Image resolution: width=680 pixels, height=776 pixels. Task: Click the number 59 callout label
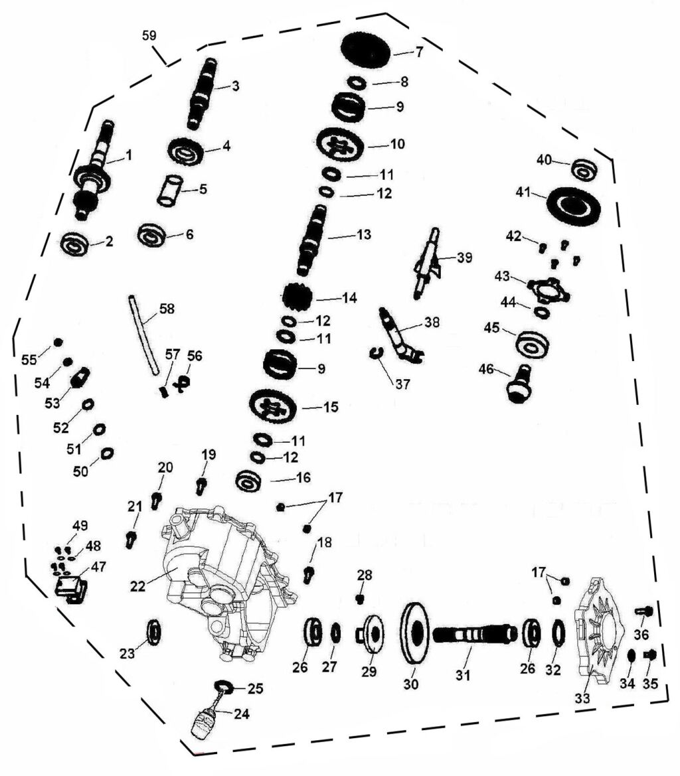149,35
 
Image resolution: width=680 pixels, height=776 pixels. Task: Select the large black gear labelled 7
366,48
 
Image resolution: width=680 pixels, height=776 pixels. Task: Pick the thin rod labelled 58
145,335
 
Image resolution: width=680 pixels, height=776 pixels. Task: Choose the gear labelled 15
273,406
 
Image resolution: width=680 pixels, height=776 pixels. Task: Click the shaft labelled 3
203,93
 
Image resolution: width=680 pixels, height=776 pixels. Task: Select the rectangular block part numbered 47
70,588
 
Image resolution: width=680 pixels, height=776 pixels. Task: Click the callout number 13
364,234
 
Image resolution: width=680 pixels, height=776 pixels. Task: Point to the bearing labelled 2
74,244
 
